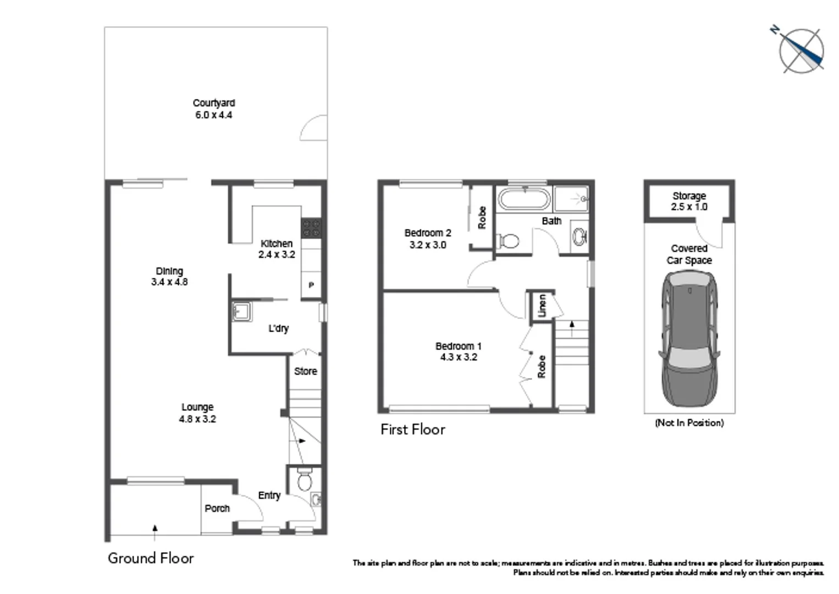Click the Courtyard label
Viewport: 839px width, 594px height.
click(213, 103)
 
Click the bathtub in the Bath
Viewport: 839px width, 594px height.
click(524, 199)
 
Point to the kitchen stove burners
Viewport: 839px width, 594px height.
click(311, 228)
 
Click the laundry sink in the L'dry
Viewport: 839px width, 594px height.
click(241, 311)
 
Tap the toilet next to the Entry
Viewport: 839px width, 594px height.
click(304, 481)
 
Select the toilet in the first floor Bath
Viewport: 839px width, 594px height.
click(508, 241)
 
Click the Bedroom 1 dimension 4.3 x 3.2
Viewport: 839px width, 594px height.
click(459, 357)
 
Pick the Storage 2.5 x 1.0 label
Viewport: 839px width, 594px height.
click(689, 201)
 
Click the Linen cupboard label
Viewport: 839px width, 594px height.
click(542, 306)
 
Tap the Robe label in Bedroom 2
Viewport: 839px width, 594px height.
click(482, 218)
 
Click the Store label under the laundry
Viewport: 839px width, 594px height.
click(305, 371)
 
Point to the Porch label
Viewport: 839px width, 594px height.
click(217, 508)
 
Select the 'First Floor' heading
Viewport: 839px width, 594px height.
click(412, 430)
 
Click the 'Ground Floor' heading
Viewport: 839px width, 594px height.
click(151, 558)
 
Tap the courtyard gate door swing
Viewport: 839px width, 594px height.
click(314, 128)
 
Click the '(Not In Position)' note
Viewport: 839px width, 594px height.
click(689, 422)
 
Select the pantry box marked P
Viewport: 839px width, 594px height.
click(311, 285)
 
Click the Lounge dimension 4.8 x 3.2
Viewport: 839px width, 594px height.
click(197, 419)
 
